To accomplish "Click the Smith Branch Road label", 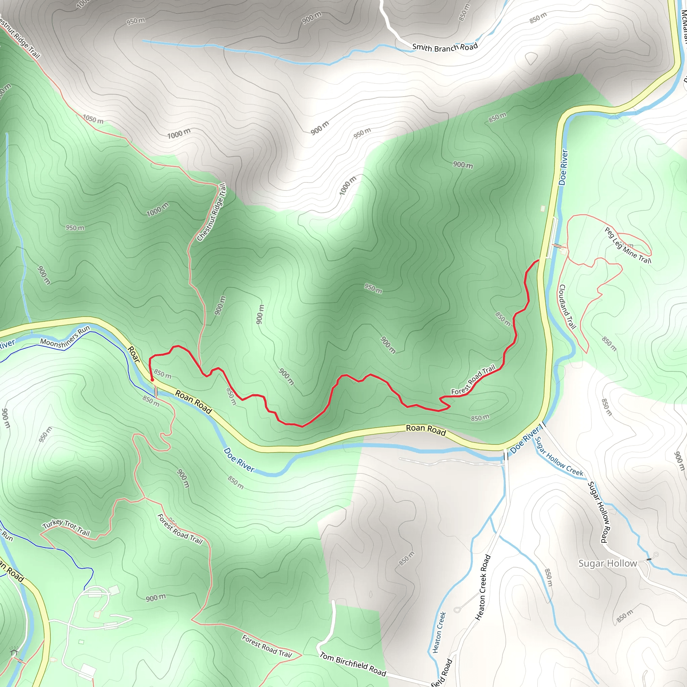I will [445, 47].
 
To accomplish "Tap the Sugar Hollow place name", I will [607, 563].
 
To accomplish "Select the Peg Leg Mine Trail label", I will [628, 245].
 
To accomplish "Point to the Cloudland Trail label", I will [567, 307].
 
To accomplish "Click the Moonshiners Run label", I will [65, 336].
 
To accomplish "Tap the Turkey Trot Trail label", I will [66, 528].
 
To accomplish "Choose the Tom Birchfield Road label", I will [353, 664].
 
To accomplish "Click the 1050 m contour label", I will [93, 119].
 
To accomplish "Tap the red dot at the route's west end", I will [152, 380].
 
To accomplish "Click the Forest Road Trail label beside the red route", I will [473, 380].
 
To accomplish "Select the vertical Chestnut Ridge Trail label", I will [212, 212].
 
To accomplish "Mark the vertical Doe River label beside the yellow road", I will [564, 167].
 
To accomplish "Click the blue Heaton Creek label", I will [439, 632].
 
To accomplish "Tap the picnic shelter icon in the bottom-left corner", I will [14, 652].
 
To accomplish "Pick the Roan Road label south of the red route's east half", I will [426, 430].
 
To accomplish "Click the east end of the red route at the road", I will [538, 260].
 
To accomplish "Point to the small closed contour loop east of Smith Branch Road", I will [531, 58].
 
